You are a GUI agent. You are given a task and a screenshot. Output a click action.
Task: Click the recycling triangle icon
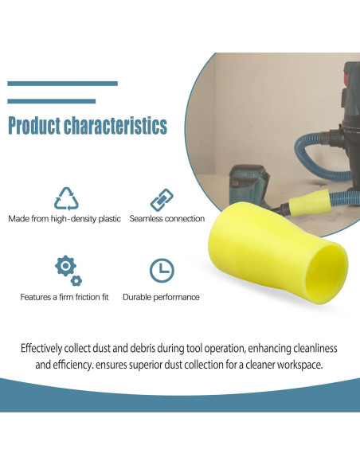(66, 198)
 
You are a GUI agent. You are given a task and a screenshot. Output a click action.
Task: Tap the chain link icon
(162, 200)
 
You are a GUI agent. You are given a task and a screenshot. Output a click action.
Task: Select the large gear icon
(65, 266)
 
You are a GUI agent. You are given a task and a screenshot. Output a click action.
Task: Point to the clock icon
(162, 270)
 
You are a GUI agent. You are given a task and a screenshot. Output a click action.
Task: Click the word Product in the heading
(34, 126)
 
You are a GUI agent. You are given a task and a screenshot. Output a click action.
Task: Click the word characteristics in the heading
(115, 126)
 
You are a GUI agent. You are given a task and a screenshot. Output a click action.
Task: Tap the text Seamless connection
(167, 218)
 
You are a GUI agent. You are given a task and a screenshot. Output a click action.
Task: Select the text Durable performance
(161, 297)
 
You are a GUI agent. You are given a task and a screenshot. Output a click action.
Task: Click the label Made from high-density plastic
(65, 219)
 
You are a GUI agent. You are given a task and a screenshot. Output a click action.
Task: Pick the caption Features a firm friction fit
(65, 297)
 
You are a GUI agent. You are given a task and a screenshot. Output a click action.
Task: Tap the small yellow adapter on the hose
(309, 203)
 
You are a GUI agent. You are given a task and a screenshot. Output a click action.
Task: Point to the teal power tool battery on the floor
(249, 184)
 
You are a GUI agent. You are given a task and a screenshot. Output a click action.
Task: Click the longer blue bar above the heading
(63, 84)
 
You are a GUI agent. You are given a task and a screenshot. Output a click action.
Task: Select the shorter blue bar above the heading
(51, 101)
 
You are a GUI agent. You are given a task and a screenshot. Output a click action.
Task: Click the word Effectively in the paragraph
(41, 348)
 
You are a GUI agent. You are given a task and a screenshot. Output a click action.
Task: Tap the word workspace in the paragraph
(299, 365)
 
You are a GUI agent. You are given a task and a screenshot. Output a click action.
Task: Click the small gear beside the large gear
(76, 280)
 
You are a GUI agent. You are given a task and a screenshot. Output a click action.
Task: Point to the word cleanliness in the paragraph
(315, 348)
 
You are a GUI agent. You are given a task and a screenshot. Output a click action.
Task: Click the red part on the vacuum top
(346, 78)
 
